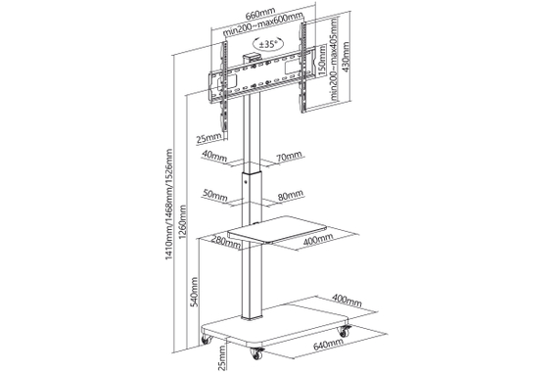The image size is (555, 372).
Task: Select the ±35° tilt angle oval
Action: (267, 45)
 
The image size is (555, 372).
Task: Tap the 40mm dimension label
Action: (215, 157)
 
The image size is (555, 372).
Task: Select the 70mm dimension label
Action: (290, 157)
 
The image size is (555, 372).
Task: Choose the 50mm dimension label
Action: (215, 194)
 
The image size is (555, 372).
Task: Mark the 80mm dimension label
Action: (290, 194)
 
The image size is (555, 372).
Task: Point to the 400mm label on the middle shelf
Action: (315, 240)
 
